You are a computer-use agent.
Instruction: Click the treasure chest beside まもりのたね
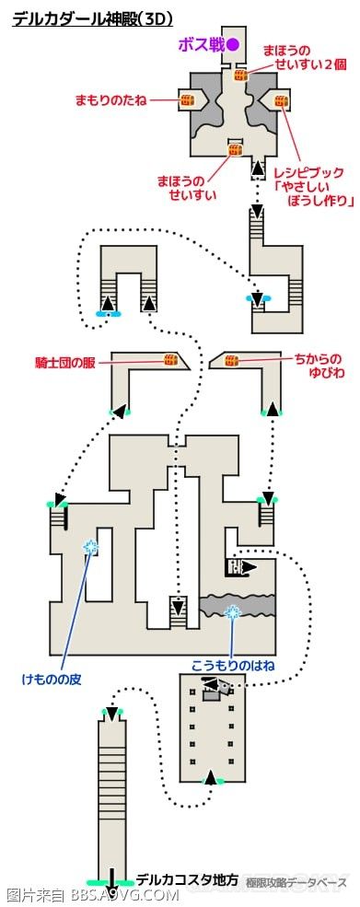(185, 99)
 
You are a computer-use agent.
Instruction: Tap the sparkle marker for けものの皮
(91, 547)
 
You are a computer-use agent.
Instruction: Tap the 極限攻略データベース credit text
(294, 883)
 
